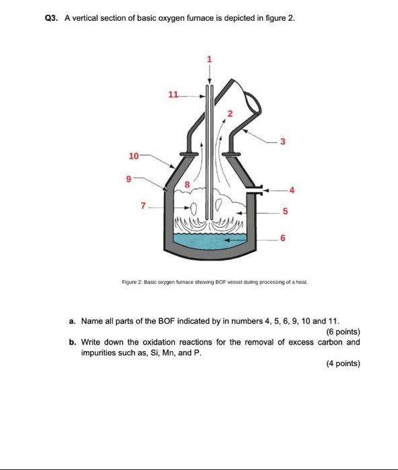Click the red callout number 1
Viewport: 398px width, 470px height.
(x=209, y=60)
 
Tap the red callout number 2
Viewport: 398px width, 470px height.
(x=229, y=113)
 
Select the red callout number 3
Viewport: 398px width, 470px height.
(x=283, y=141)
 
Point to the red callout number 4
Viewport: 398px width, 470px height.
(x=291, y=190)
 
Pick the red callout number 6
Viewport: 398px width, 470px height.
(x=282, y=238)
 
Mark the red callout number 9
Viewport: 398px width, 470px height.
(x=128, y=179)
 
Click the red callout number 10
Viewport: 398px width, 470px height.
(x=133, y=156)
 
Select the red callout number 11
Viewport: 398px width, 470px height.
(x=173, y=95)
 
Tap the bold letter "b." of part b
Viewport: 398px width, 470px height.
(x=73, y=342)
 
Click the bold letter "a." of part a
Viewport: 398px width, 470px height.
(x=73, y=322)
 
